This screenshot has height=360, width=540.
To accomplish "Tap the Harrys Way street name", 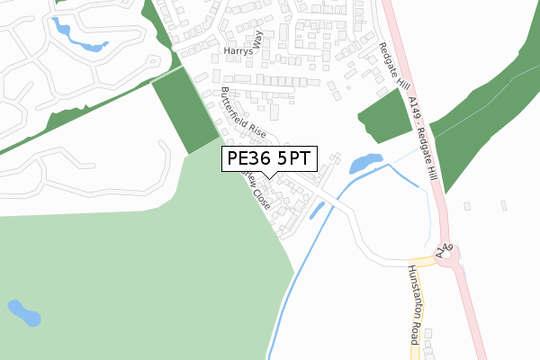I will [x=244, y=47].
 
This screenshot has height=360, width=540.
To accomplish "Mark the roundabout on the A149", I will [x=454, y=261].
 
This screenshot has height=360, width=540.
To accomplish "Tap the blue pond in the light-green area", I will [x=24, y=313].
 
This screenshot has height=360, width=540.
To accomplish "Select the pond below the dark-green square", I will [x=364, y=164].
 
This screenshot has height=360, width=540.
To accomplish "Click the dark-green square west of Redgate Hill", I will [x=384, y=117].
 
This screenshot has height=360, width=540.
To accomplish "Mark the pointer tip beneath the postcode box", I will [x=269, y=179].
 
